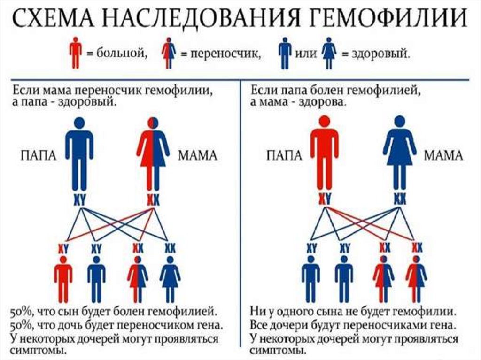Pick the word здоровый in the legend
pos(376,54)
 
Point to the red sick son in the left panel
pos(63,279)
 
